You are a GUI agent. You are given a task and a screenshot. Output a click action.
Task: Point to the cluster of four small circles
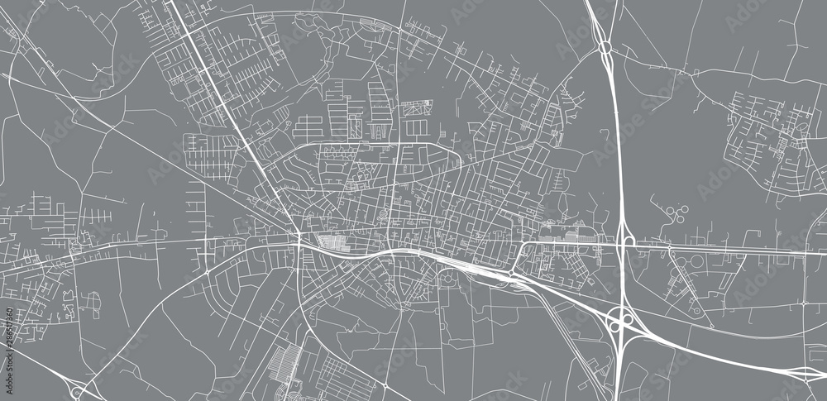[676, 215]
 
